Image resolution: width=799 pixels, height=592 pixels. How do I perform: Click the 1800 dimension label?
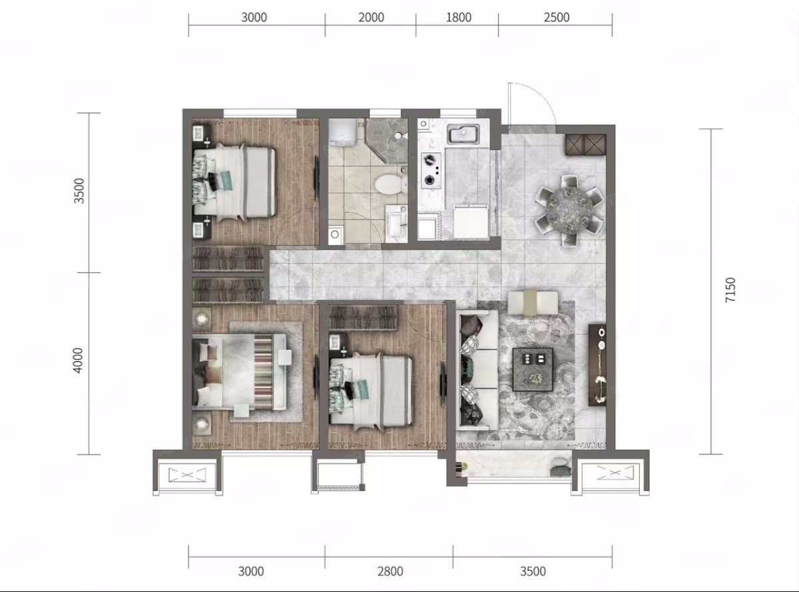459,17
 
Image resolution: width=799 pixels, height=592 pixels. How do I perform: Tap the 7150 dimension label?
730,290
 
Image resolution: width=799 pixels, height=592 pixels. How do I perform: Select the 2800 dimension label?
390,571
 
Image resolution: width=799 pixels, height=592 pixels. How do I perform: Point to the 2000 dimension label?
371,17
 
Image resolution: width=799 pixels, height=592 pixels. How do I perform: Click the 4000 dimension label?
78,361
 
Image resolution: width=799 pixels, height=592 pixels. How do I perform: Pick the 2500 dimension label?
557,17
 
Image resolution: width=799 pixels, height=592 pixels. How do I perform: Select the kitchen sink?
463,134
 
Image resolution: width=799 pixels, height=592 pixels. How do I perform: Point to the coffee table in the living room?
533,369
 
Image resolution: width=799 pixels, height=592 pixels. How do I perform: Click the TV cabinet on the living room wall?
597,365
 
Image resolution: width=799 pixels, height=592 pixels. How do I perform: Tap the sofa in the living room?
477,370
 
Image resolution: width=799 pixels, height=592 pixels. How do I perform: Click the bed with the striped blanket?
240,372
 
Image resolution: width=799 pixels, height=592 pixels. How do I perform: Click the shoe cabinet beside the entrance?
586,144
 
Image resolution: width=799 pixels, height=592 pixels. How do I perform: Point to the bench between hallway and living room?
533,303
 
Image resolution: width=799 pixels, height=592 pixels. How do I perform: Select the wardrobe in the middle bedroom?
364,318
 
